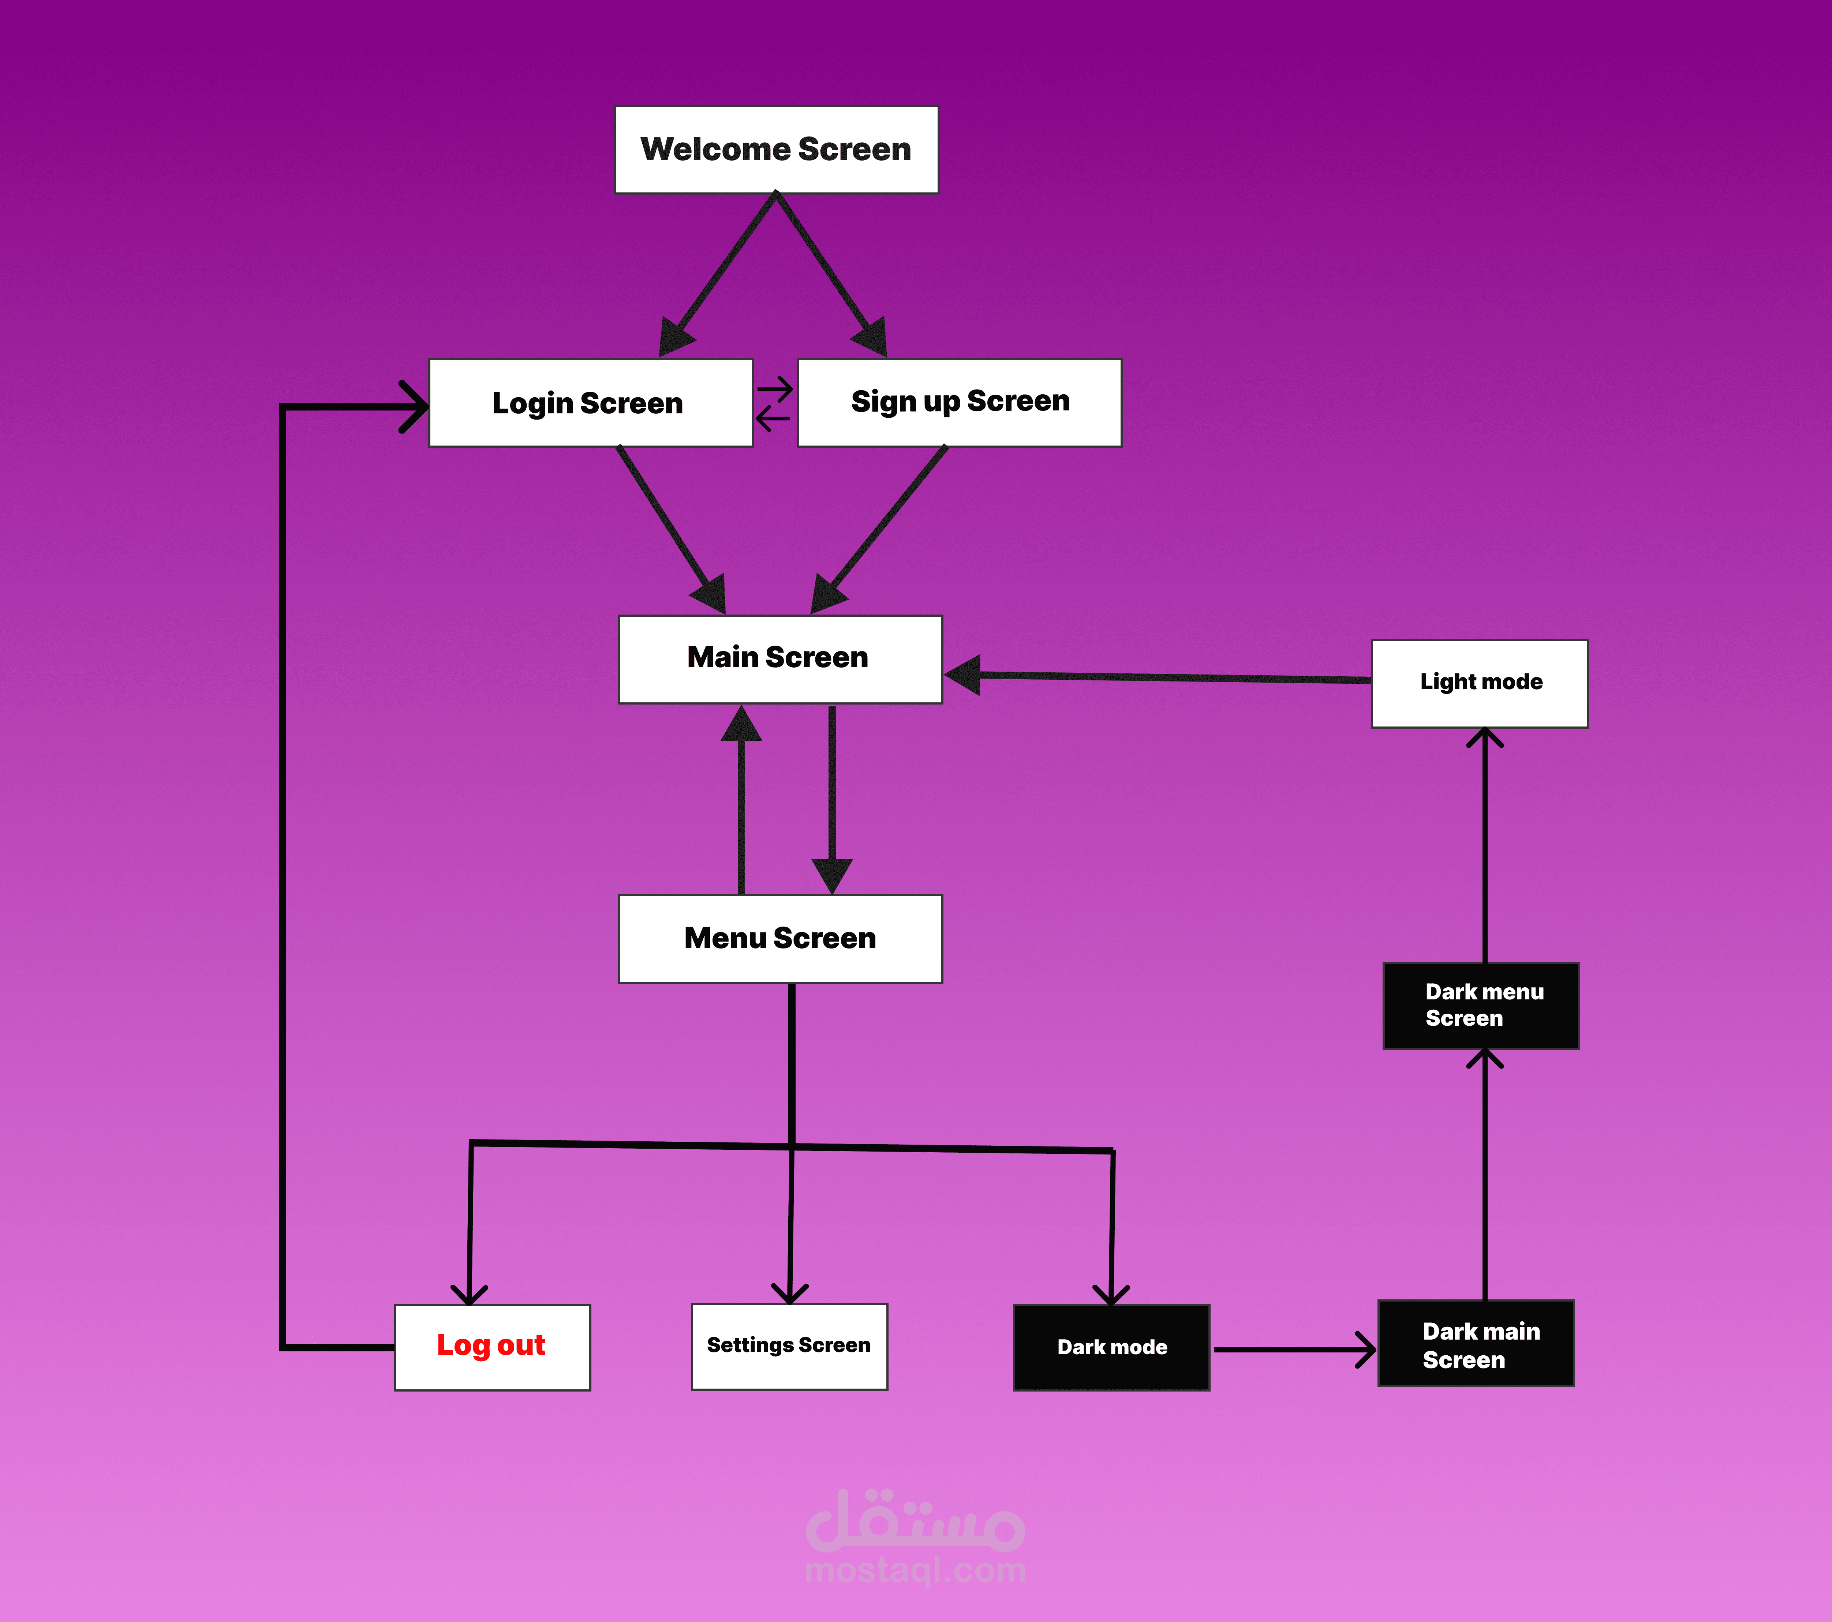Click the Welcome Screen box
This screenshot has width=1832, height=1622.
[x=776, y=150]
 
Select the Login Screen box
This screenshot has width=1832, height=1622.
[x=591, y=402]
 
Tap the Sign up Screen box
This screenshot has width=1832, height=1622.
[x=959, y=402]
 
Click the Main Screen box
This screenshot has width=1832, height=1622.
[x=780, y=659]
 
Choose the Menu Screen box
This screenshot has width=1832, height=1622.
[x=780, y=938]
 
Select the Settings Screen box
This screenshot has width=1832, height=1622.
[x=789, y=1346]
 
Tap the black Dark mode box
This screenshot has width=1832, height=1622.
[x=1111, y=1347]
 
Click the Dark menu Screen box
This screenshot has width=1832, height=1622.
[x=1481, y=1006]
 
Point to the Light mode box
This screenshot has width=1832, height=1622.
[x=1480, y=683]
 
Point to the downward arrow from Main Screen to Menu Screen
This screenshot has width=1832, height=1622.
[x=832, y=800]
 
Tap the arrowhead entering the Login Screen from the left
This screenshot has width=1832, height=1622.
[x=414, y=406]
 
